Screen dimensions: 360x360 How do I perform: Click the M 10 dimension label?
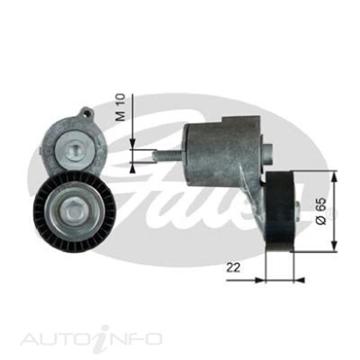point(121,107)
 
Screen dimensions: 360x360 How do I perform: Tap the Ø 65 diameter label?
point(320,211)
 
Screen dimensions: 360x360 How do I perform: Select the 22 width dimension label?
point(233,267)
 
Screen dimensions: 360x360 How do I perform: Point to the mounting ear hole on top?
point(87,113)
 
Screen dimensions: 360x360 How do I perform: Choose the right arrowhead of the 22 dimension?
point(299,280)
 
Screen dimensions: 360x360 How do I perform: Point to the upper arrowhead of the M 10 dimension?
point(132,144)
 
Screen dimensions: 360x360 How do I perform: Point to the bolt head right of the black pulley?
point(297,208)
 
